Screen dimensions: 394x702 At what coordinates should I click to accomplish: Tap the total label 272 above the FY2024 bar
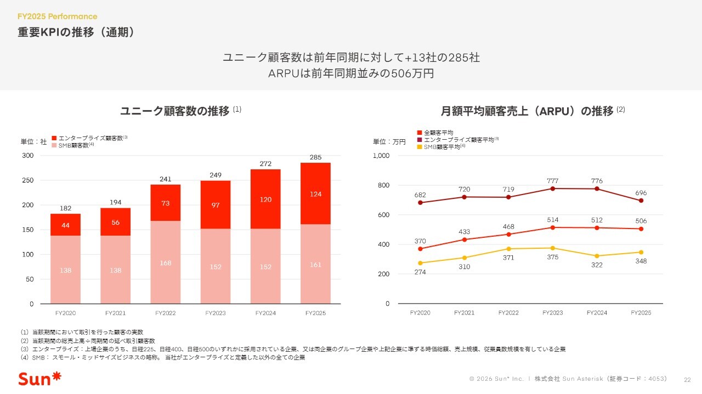265,164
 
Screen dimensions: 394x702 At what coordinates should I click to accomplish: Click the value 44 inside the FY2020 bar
65,225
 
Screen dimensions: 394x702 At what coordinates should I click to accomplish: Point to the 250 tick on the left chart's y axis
28,180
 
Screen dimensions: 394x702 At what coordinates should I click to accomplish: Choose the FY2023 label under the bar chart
215,313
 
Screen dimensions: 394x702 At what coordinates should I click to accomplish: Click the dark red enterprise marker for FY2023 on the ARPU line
553,189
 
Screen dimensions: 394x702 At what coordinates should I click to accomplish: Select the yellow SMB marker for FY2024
597,256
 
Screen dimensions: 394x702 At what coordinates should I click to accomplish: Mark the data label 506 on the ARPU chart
641,221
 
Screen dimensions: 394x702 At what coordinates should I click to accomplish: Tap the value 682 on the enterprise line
420,195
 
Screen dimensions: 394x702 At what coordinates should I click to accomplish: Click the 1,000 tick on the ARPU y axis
381,156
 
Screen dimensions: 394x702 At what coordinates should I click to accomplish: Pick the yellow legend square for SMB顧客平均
420,147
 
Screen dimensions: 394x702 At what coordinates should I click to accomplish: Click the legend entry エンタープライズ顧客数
90,138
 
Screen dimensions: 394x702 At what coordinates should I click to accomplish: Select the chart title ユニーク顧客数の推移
174,111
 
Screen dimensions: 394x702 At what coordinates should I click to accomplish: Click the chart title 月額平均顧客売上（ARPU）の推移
527,111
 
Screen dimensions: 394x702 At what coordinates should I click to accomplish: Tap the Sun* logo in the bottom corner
39,378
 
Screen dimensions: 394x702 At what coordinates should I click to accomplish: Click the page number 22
687,379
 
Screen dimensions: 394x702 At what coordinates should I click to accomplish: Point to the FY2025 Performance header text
58,16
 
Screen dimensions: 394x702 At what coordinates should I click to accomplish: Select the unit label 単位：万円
389,142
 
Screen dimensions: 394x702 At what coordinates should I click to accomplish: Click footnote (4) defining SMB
162,357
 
